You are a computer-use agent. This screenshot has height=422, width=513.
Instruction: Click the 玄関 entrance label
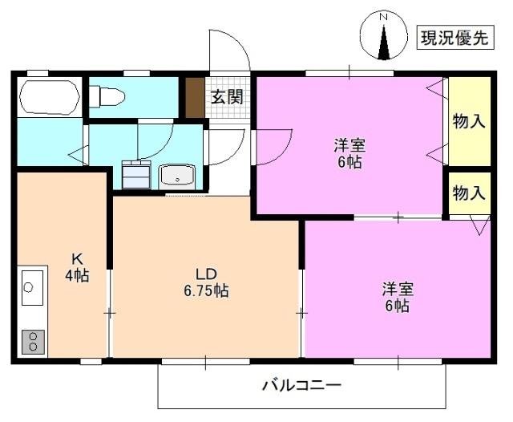[227, 96]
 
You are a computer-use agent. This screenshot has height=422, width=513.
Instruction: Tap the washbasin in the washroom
[179, 175]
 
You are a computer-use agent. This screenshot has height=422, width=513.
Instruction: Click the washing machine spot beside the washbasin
[135, 172]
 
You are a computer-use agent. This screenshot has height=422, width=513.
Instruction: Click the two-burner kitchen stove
[33, 340]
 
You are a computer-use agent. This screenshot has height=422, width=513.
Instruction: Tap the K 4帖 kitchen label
[77, 267]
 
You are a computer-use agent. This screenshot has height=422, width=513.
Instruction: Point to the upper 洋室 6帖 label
[350, 153]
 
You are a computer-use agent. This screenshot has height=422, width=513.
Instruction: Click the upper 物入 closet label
[469, 121]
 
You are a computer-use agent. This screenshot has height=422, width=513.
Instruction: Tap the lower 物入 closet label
[469, 193]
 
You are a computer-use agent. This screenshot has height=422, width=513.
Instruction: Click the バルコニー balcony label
[302, 385]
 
